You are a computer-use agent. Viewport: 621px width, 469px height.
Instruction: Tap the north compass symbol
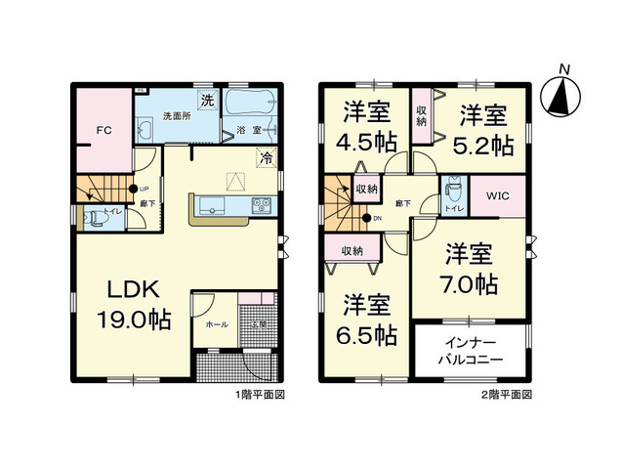[x=561, y=94]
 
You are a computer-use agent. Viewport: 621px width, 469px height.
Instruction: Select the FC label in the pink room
[x=101, y=129]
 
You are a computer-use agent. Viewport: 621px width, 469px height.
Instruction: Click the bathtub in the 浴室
[x=250, y=105]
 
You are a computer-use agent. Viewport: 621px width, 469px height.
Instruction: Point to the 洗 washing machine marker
[x=206, y=100]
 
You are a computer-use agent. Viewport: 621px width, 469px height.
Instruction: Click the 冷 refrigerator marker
[x=265, y=157]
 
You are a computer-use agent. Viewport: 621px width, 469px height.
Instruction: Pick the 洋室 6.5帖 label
[x=366, y=320]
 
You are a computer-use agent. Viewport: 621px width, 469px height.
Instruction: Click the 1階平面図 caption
[x=260, y=395]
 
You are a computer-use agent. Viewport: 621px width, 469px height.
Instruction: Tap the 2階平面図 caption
[x=506, y=395]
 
